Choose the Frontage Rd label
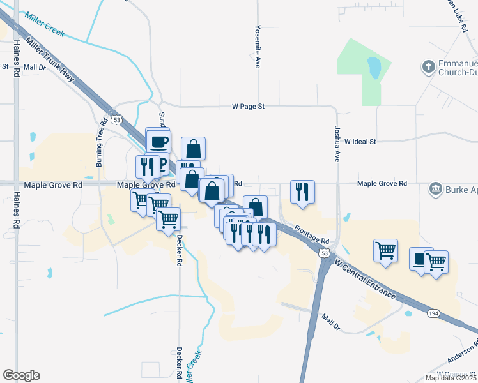[x=312, y=234]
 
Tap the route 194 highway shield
[x=434, y=313]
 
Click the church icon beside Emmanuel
[x=429, y=66]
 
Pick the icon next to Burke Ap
[x=436, y=188]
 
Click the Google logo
[x=21, y=375]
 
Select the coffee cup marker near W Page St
[x=158, y=140]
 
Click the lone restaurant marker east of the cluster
[x=302, y=191]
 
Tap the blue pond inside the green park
[x=374, y=66]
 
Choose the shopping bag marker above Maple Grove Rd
[x=193, y=149]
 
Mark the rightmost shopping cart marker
[x=436, y=262]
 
